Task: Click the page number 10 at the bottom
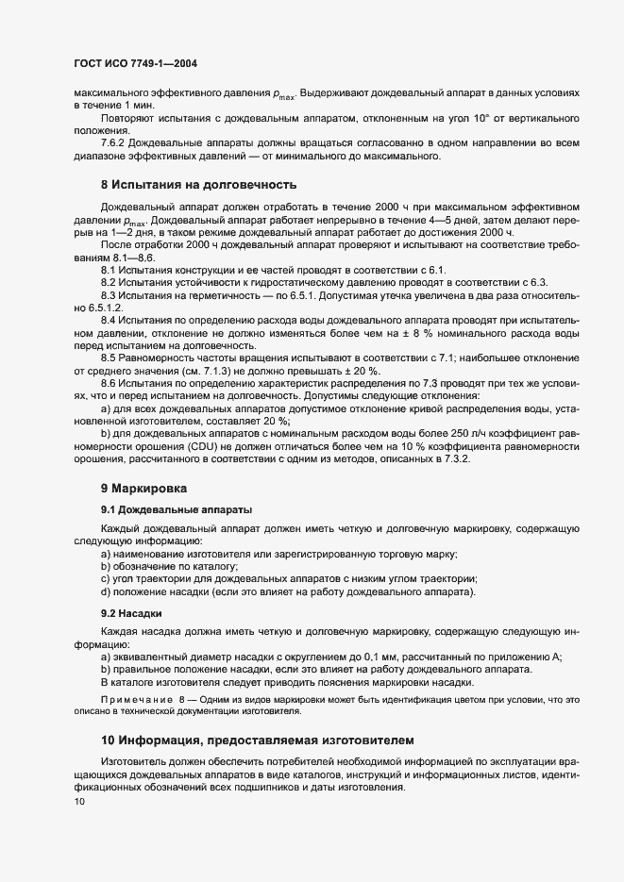click(78, 802)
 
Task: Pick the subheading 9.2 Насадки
click(129, 613)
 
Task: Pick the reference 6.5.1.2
click(105, 308)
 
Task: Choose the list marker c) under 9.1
click(105, 578)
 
